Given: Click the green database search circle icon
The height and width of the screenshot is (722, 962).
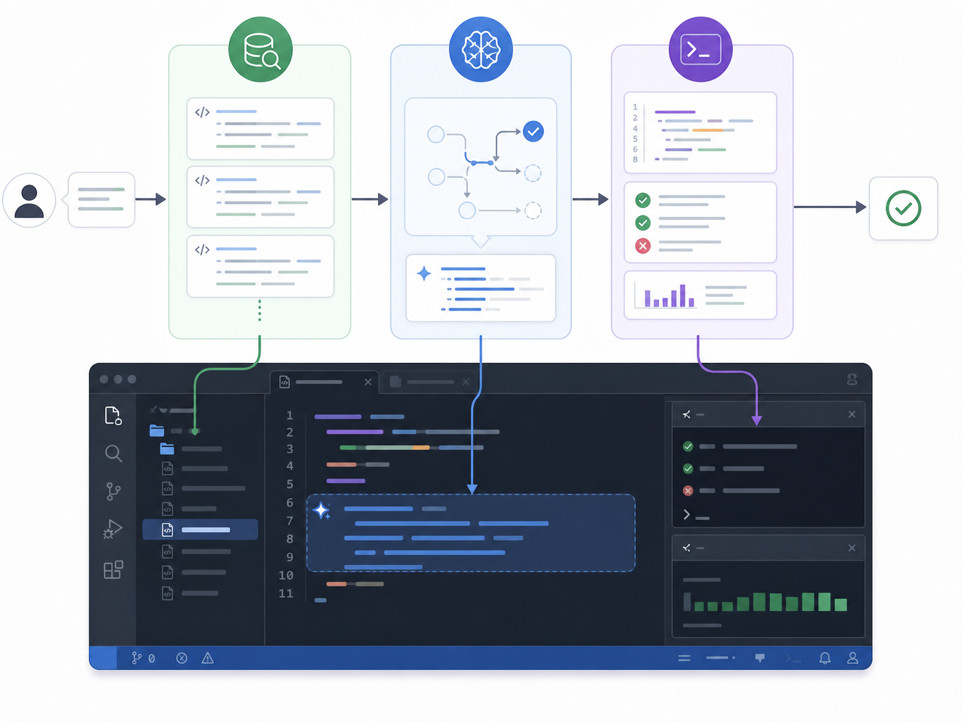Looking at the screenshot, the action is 260,49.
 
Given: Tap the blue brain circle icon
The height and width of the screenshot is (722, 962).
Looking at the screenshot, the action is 481,49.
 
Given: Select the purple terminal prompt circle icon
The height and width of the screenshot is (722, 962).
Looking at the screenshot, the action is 700,49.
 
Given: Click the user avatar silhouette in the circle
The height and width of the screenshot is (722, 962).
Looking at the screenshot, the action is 29,201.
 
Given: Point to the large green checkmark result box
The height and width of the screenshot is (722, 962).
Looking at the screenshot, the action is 904,208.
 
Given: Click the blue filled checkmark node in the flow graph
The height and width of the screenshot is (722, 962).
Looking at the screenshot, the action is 533,131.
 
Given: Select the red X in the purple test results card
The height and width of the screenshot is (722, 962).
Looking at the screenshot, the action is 643,246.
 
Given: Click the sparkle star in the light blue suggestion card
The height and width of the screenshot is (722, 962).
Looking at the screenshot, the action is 424,273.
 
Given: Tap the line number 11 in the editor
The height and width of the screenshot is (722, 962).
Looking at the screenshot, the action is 286,594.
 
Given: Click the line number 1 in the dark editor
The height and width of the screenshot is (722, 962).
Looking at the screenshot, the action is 289,415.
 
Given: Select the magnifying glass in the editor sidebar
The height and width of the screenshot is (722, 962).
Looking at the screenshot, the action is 114,453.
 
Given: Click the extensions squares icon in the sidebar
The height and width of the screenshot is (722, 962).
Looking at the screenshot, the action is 113,570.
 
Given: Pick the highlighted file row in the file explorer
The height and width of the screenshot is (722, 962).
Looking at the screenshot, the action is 200,530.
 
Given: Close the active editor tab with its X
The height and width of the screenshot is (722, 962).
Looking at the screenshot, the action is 367,382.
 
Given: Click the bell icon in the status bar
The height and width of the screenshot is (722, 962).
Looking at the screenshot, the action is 825,658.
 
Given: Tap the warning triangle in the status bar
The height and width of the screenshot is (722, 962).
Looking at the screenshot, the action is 207,658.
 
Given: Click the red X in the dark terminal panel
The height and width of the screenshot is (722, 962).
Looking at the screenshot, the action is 688,491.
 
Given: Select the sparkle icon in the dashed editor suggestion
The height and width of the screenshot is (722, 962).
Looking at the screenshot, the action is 322,511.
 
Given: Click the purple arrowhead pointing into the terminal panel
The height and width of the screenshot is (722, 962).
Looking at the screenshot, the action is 757,420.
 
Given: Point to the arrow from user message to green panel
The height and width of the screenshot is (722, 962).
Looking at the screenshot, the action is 150,199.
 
